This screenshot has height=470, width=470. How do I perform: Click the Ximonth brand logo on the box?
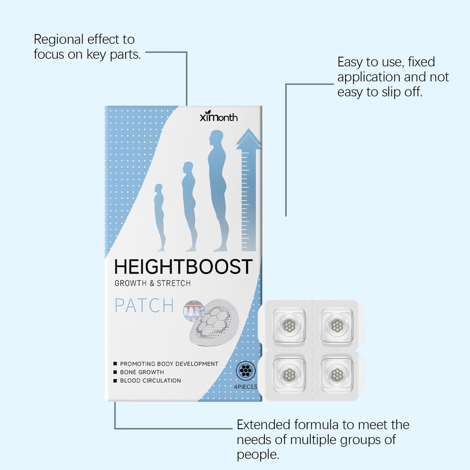coord(218,116)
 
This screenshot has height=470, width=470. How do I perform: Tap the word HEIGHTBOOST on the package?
coord(183,267)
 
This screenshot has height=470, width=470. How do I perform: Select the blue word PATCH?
coord(145,305)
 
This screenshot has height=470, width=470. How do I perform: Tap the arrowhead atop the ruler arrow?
coord(248,139)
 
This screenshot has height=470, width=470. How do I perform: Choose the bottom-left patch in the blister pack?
coord(289,374)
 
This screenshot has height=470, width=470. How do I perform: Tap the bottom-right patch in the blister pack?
coord(337,374)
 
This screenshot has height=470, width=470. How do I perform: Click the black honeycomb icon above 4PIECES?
coord(246,370)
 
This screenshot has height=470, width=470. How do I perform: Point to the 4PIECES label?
coord(246,386)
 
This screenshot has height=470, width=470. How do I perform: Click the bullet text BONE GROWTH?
coord(142,372)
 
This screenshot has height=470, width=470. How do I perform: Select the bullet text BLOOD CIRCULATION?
coord(151,380)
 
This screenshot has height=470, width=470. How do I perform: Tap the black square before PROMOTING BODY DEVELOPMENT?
coord(115,364)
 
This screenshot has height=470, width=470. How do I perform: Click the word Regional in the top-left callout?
coord(58,40)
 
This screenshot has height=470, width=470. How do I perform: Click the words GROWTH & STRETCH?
coord(152,283)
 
